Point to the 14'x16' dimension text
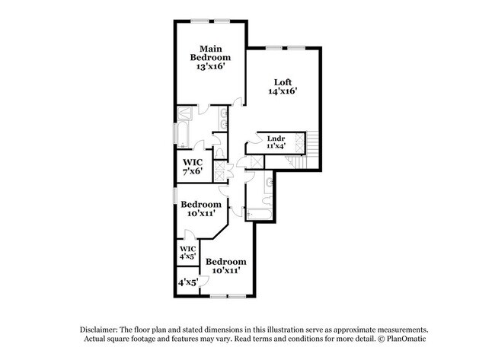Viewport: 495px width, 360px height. [x=282, y=91]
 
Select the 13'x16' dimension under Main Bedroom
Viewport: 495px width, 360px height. [x=211, y=67]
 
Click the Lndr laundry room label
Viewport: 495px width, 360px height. [x=276, y=138]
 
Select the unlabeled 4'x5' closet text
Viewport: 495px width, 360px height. [x=187, y=282]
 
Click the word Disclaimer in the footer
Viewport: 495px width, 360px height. [x=102, y=328]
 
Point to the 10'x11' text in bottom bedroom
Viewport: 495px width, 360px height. [x=226, y=269]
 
